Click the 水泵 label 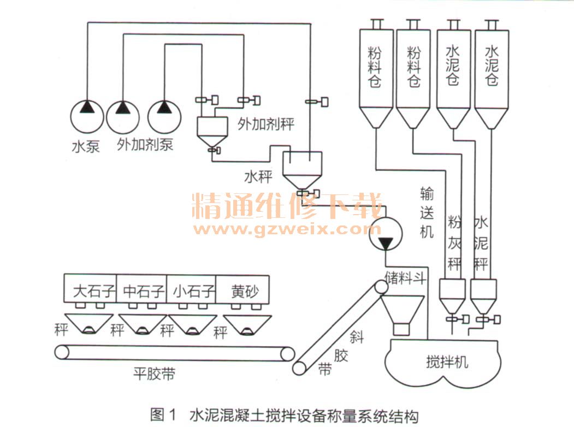point(86,146)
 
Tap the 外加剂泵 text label point(145,145)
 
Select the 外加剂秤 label point(266,124)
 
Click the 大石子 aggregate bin point(94,292)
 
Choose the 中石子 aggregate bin point(144,292)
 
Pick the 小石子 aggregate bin point(192,292)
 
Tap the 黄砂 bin point(244,292)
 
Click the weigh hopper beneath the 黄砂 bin point(243,324)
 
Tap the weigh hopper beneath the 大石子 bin point(90,324)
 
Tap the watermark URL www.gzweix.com point(286,228)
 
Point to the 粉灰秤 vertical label point(454,243)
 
